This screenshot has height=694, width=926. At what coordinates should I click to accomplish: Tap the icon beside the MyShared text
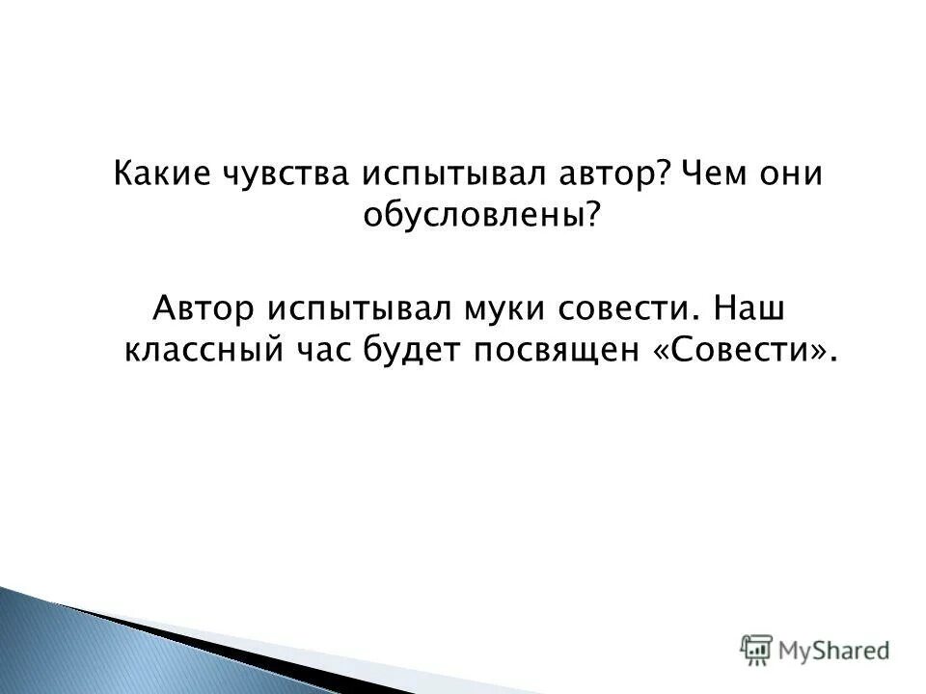point(757,649)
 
